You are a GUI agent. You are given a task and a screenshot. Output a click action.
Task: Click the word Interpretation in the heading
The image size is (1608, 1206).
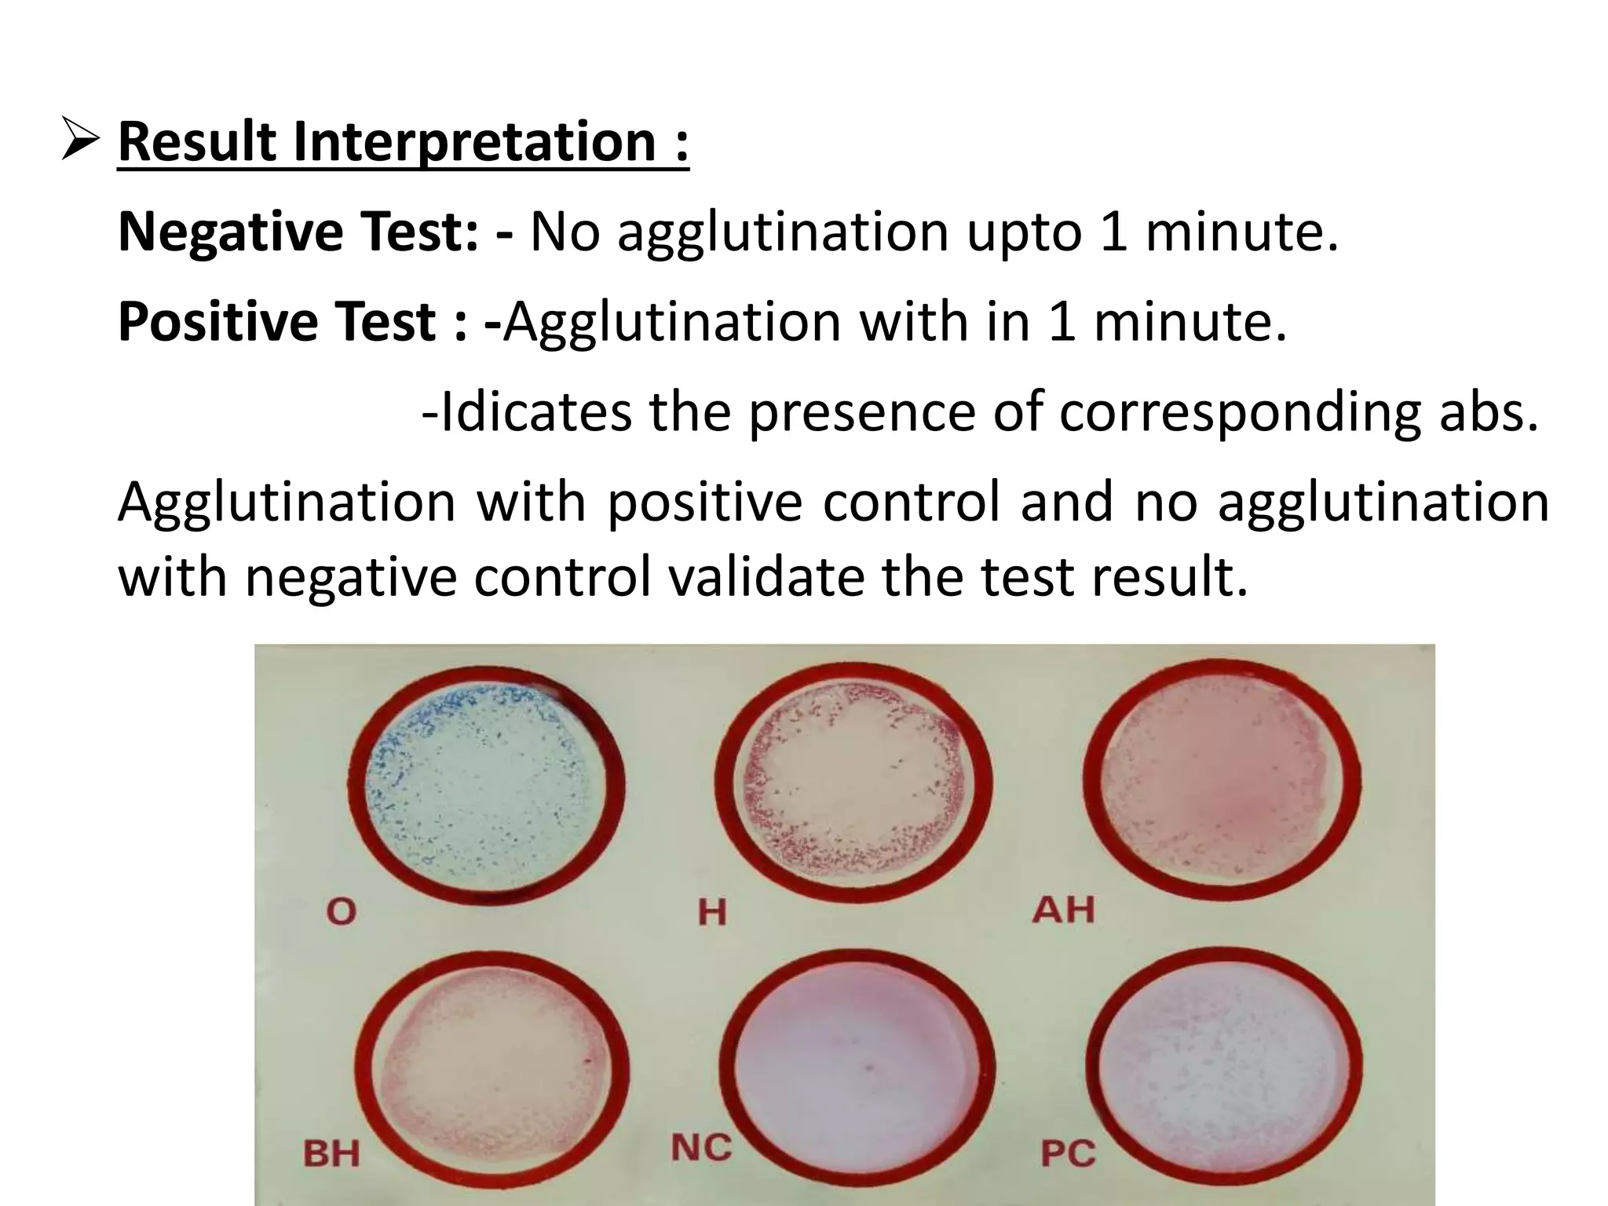474,142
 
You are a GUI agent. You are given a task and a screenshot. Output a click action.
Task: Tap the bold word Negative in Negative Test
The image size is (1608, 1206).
230,233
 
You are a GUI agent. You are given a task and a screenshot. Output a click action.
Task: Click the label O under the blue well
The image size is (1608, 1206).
341,912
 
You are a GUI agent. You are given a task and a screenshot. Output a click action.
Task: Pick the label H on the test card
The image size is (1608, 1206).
712,913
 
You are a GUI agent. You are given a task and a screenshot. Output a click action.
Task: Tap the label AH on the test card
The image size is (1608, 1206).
1063,909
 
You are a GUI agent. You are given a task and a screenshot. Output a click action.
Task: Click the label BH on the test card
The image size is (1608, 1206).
331,1153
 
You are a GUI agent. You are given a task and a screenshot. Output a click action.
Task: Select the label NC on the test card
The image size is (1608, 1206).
701,1148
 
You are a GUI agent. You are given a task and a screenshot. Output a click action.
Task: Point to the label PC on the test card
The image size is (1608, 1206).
1068,1153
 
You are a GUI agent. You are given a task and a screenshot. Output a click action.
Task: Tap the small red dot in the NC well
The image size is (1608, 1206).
868,1068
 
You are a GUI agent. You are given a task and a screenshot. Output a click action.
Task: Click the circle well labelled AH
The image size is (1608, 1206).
1222,784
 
